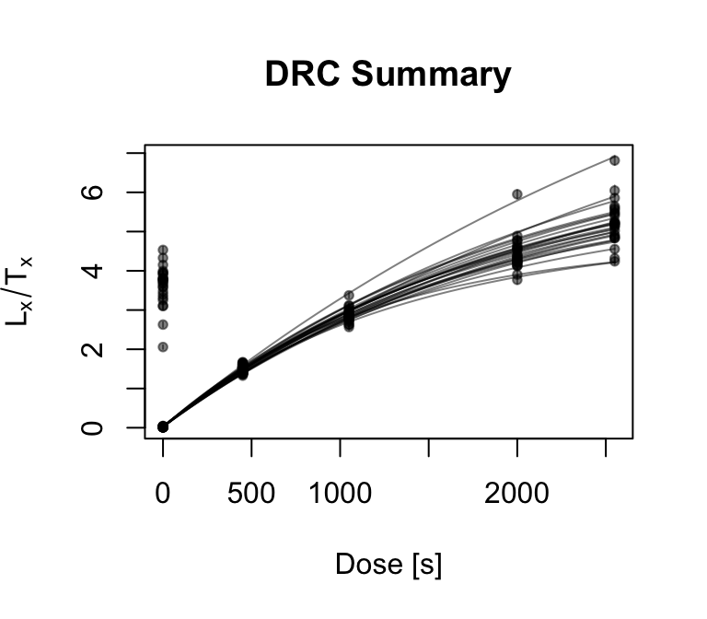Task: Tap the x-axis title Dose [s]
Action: click(388, 564)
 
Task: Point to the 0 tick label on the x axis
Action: click(163, 493)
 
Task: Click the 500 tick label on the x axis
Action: click(251, 493)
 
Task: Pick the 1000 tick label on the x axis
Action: click(340, 493)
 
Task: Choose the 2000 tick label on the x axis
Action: click(517, 493)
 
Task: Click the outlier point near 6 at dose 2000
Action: click(517, 193)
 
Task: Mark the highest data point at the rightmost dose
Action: click(614, 160)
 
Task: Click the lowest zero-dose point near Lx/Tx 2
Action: click(163, 346)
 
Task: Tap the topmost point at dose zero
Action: click(163, 250)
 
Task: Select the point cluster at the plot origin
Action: click(163, 426)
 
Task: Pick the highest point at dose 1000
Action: click(349, 296)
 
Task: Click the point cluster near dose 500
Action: click(243, 368)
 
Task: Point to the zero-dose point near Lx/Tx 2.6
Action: click(163, 324)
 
